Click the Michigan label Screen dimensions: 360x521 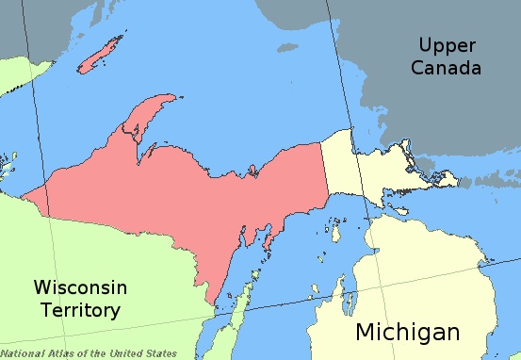407,332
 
